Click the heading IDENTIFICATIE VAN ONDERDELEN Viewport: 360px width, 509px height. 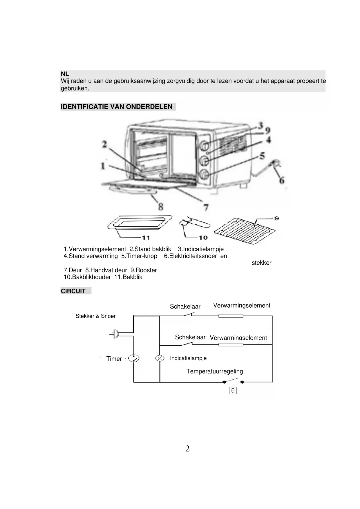tap(117, 107)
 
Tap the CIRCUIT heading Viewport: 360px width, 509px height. tap(73, 291)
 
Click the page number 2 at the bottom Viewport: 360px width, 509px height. tap(187, 449)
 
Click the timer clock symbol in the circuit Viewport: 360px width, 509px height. tap(133, 358)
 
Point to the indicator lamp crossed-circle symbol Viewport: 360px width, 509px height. tap(160, 358)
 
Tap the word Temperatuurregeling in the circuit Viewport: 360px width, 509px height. tap(214, 371)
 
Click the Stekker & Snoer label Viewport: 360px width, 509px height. tap(95, 316)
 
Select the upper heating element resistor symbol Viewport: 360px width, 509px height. tap(231, 316)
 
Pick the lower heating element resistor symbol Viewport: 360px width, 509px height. tap(231, 345)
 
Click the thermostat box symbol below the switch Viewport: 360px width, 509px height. tap(233, 391)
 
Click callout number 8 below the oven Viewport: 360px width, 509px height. tap(161, 207)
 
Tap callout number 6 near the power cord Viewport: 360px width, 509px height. tap(282, 181)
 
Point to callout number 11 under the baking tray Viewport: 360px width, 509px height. tap(146, 238)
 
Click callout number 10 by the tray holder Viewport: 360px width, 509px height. tap(203, 238)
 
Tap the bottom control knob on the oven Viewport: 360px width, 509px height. tap(204, 174)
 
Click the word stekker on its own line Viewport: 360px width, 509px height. tap(261, 263)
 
